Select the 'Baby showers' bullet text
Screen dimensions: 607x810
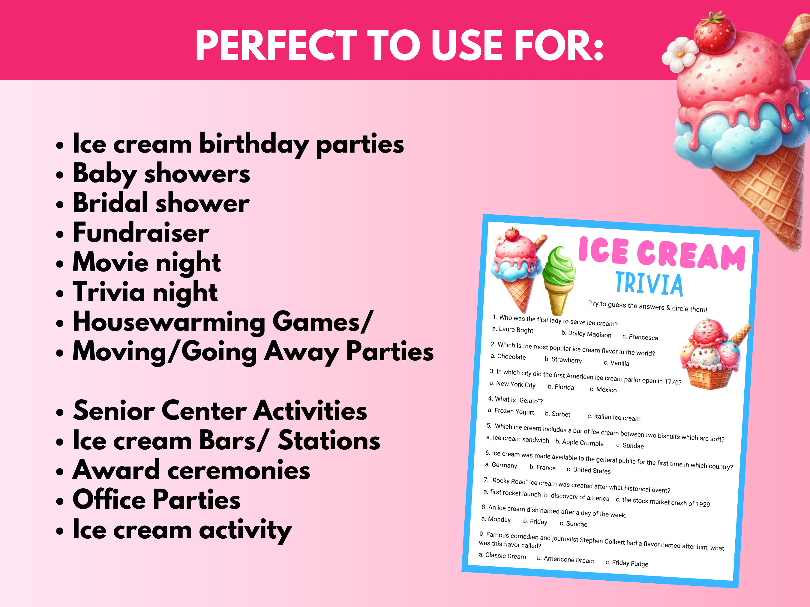click(161, 174)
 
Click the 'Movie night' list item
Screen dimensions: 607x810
click(146, 262)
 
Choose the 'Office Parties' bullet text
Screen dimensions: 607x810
click(156, 499)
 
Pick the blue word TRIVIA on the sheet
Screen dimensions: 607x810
click(649, 284)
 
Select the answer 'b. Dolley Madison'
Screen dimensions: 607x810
click(586, 334)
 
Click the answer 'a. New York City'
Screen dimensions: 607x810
click(512, 384)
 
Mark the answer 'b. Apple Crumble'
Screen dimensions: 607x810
click(579, 442)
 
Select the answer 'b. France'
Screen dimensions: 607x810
click(542, 467)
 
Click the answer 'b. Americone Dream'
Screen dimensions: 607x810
click(565, 559)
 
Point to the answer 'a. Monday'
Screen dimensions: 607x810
click(496, 519)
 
